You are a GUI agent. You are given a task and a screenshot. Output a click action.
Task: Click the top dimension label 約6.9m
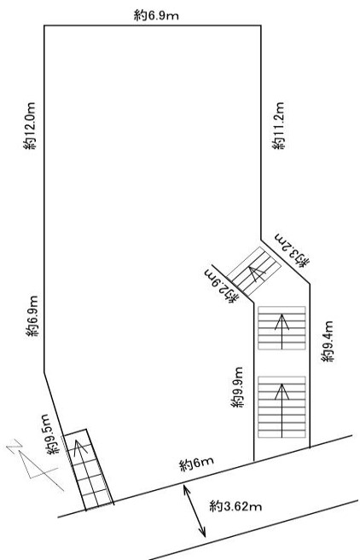click(x=156, y=15)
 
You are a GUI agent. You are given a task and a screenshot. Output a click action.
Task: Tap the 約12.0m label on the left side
click(x=30, y=126)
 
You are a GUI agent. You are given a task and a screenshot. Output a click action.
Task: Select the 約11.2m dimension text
click(x=278, y=125)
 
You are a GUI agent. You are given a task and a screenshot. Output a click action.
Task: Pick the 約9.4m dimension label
click(x=328, y=342)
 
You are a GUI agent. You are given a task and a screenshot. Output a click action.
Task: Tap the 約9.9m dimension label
click(x=237, y=387)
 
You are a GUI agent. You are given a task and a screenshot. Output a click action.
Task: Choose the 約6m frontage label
click(x=197, y=464)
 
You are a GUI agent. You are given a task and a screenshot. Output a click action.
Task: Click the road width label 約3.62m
click(x=235, y=506)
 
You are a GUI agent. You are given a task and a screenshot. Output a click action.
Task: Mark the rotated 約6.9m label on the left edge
click(x=32, y=316)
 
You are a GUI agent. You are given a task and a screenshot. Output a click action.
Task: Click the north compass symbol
click(x=34, y=465)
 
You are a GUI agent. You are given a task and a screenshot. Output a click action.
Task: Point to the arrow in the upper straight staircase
click(x=282, y=332)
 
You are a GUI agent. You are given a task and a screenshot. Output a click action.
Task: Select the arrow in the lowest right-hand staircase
click(x=282, y=411)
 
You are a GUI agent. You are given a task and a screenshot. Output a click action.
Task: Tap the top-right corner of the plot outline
click(x=260, y=26)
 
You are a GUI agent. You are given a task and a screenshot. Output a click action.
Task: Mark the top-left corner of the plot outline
click(x=44, y=26)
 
